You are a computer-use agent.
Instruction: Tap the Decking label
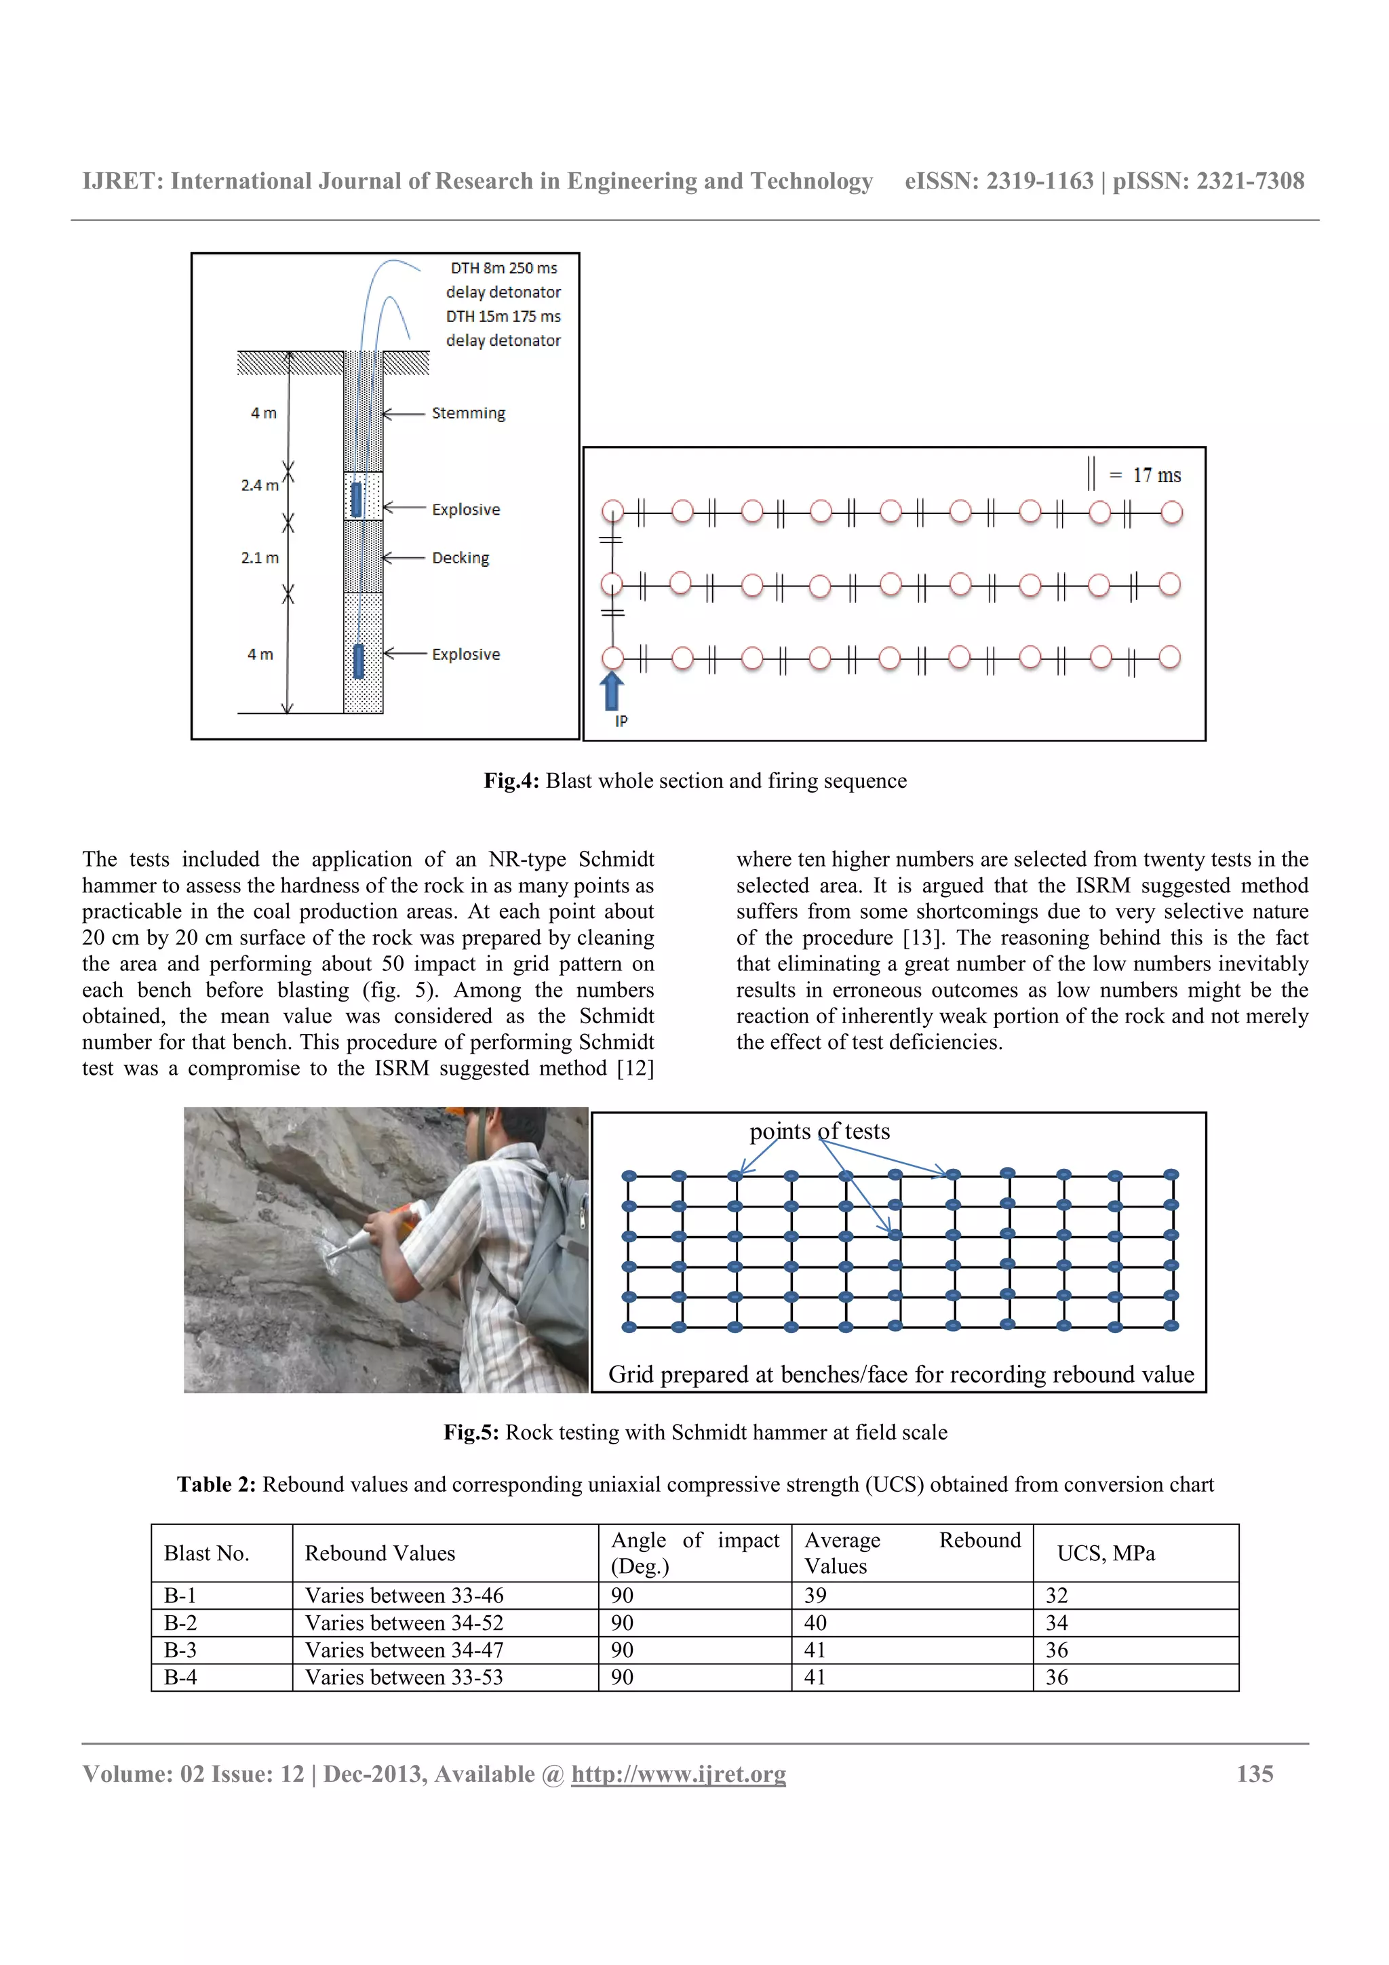point(461,557)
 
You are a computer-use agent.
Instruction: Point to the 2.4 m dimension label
point(259,485)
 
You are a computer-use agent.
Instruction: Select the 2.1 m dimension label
point(259,558)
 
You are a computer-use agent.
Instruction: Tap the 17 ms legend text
point(1156,475)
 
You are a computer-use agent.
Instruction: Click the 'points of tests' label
point(819,1132)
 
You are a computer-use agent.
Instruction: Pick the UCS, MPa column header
point(1106,1553)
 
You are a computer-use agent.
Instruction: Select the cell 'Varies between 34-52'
point(404,1622)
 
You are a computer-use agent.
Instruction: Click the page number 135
point(1254,1773)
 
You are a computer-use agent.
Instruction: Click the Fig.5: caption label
point(471,1432)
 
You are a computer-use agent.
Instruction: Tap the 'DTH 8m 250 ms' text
point(503,268)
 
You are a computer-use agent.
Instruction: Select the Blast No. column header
point(206,1553)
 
